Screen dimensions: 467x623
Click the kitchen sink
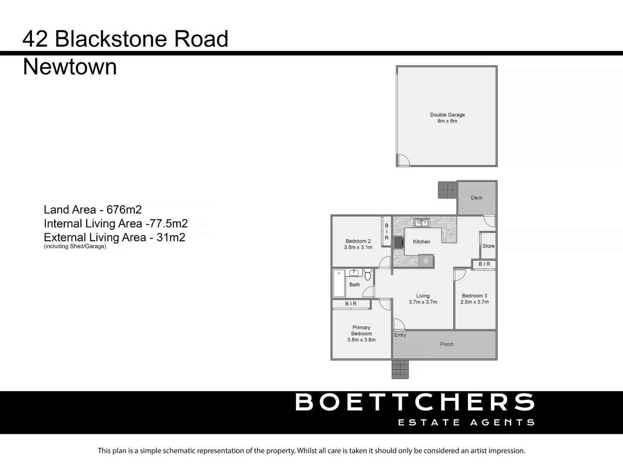click(x=421, y=223)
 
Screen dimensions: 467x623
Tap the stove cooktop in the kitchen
click(x=398, y=242)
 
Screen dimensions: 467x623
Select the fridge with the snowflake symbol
click(x=426, y=261)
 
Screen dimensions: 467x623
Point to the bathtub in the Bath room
click(x=339, y=283)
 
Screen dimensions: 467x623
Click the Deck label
click(x=477, y=198)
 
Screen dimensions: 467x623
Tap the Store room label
click(x=488, y=246)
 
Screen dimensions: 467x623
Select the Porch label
click(x=447, y=345)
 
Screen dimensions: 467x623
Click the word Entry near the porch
click(x=400, y=335)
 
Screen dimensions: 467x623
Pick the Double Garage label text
click(x=447, y=115)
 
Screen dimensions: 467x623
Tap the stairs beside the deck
click(x=447, y=190)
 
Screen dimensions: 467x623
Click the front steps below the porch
click(x=400, y=369)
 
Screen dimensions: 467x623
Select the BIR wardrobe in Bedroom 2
click(x=387, y=232)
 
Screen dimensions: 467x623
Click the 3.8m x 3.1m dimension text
click(x=358, y=247)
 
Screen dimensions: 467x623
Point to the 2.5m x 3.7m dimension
click(x=474, y=302)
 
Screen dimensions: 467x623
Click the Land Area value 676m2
click(x=124, y=210)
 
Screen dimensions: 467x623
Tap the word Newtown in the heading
click(x=70, y=67)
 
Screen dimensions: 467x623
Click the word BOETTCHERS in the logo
click(x=415, y=402)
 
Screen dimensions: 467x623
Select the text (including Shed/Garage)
click(x=75, y=246)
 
